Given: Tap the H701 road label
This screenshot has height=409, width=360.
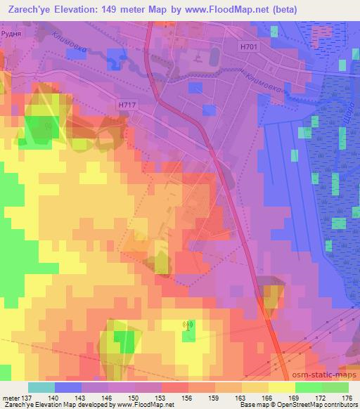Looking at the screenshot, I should [248, 46].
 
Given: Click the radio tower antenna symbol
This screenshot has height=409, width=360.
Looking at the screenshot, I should [188, 325].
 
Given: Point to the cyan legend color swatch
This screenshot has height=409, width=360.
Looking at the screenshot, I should [41, 387].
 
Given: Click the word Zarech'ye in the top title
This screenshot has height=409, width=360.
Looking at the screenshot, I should [29, 9].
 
